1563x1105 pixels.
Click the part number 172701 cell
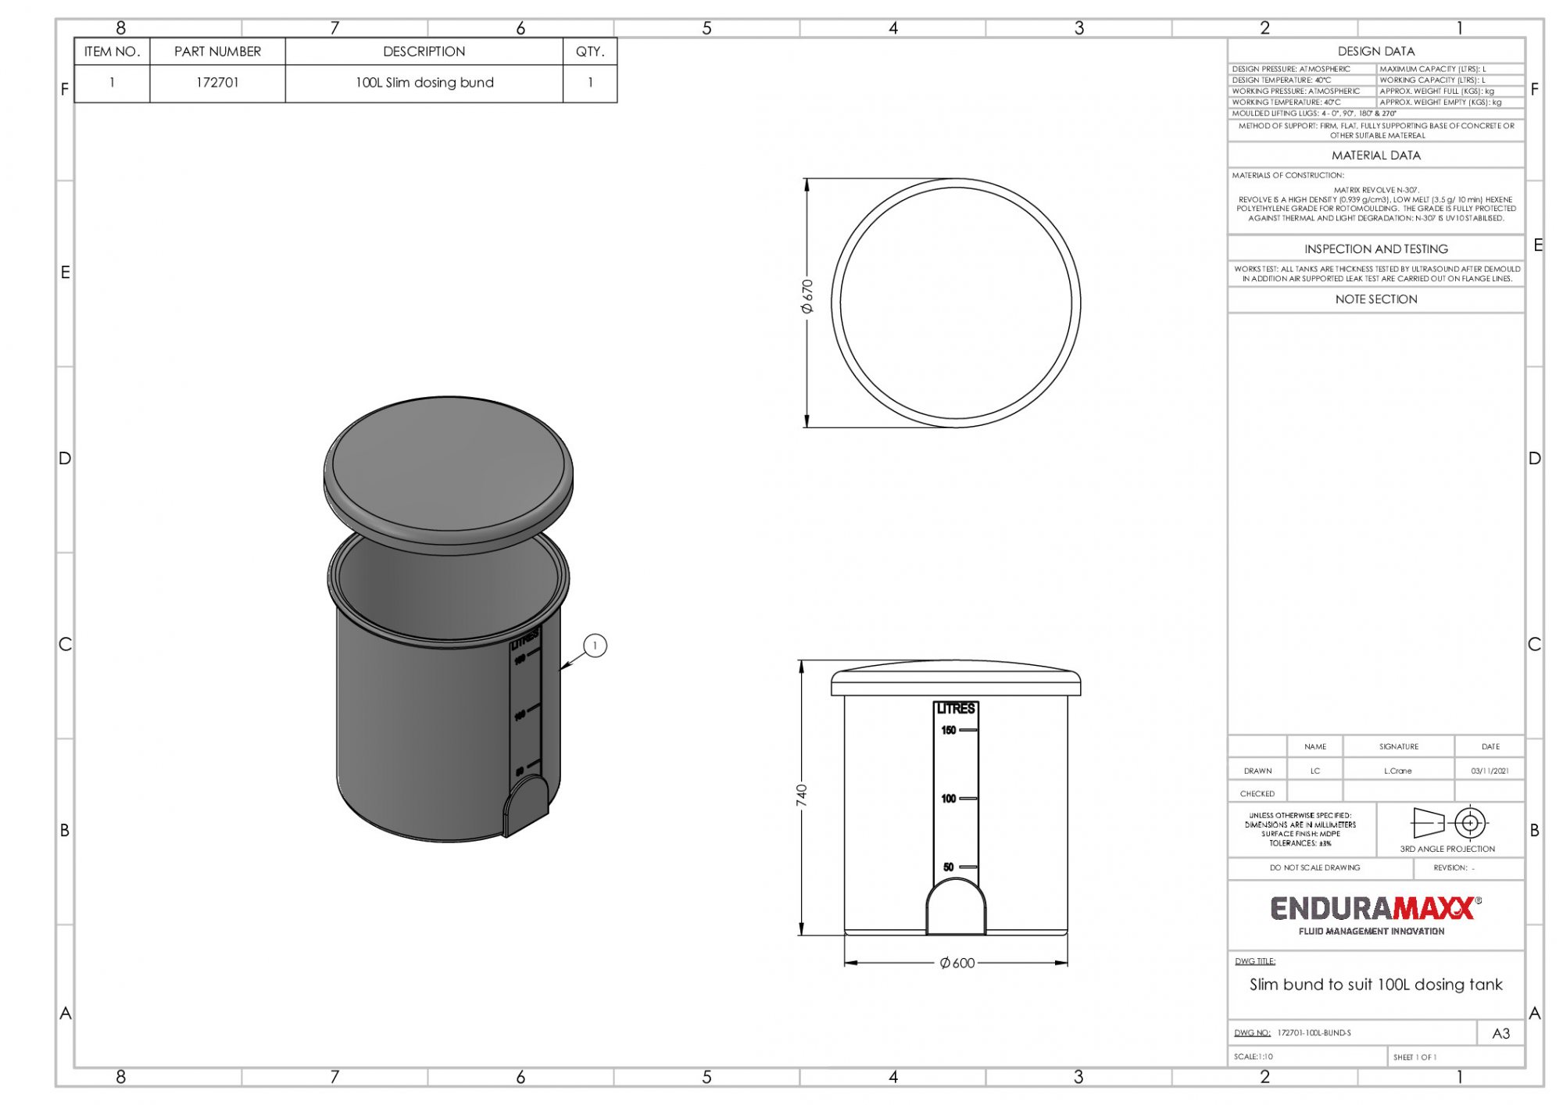[217, 83]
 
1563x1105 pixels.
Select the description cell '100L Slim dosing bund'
[424, 83]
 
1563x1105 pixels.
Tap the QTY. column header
[590, 52]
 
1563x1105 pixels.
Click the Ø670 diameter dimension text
[807, 296]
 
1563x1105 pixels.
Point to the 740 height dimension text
[802, 796]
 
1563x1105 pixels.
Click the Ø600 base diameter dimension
[957, 963]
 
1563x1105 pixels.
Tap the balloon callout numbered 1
[595, 645]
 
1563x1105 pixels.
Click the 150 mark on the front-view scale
[949, 730]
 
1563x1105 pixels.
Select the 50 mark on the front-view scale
[949, 867]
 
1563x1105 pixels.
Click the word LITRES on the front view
[956, 709]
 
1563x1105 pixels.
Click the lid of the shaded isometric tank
[449, 469]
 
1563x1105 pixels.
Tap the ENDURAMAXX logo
[1375, 909]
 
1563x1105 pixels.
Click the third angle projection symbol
[1448, 824]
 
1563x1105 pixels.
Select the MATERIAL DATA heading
[1375, 156]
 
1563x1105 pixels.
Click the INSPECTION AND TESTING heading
[1375, 249]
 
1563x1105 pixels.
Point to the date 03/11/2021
[1490, 771]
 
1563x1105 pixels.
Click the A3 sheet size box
[1500, 1033]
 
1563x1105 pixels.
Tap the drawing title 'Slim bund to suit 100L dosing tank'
[1375, 985]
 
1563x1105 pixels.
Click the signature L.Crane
[1397, 771]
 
